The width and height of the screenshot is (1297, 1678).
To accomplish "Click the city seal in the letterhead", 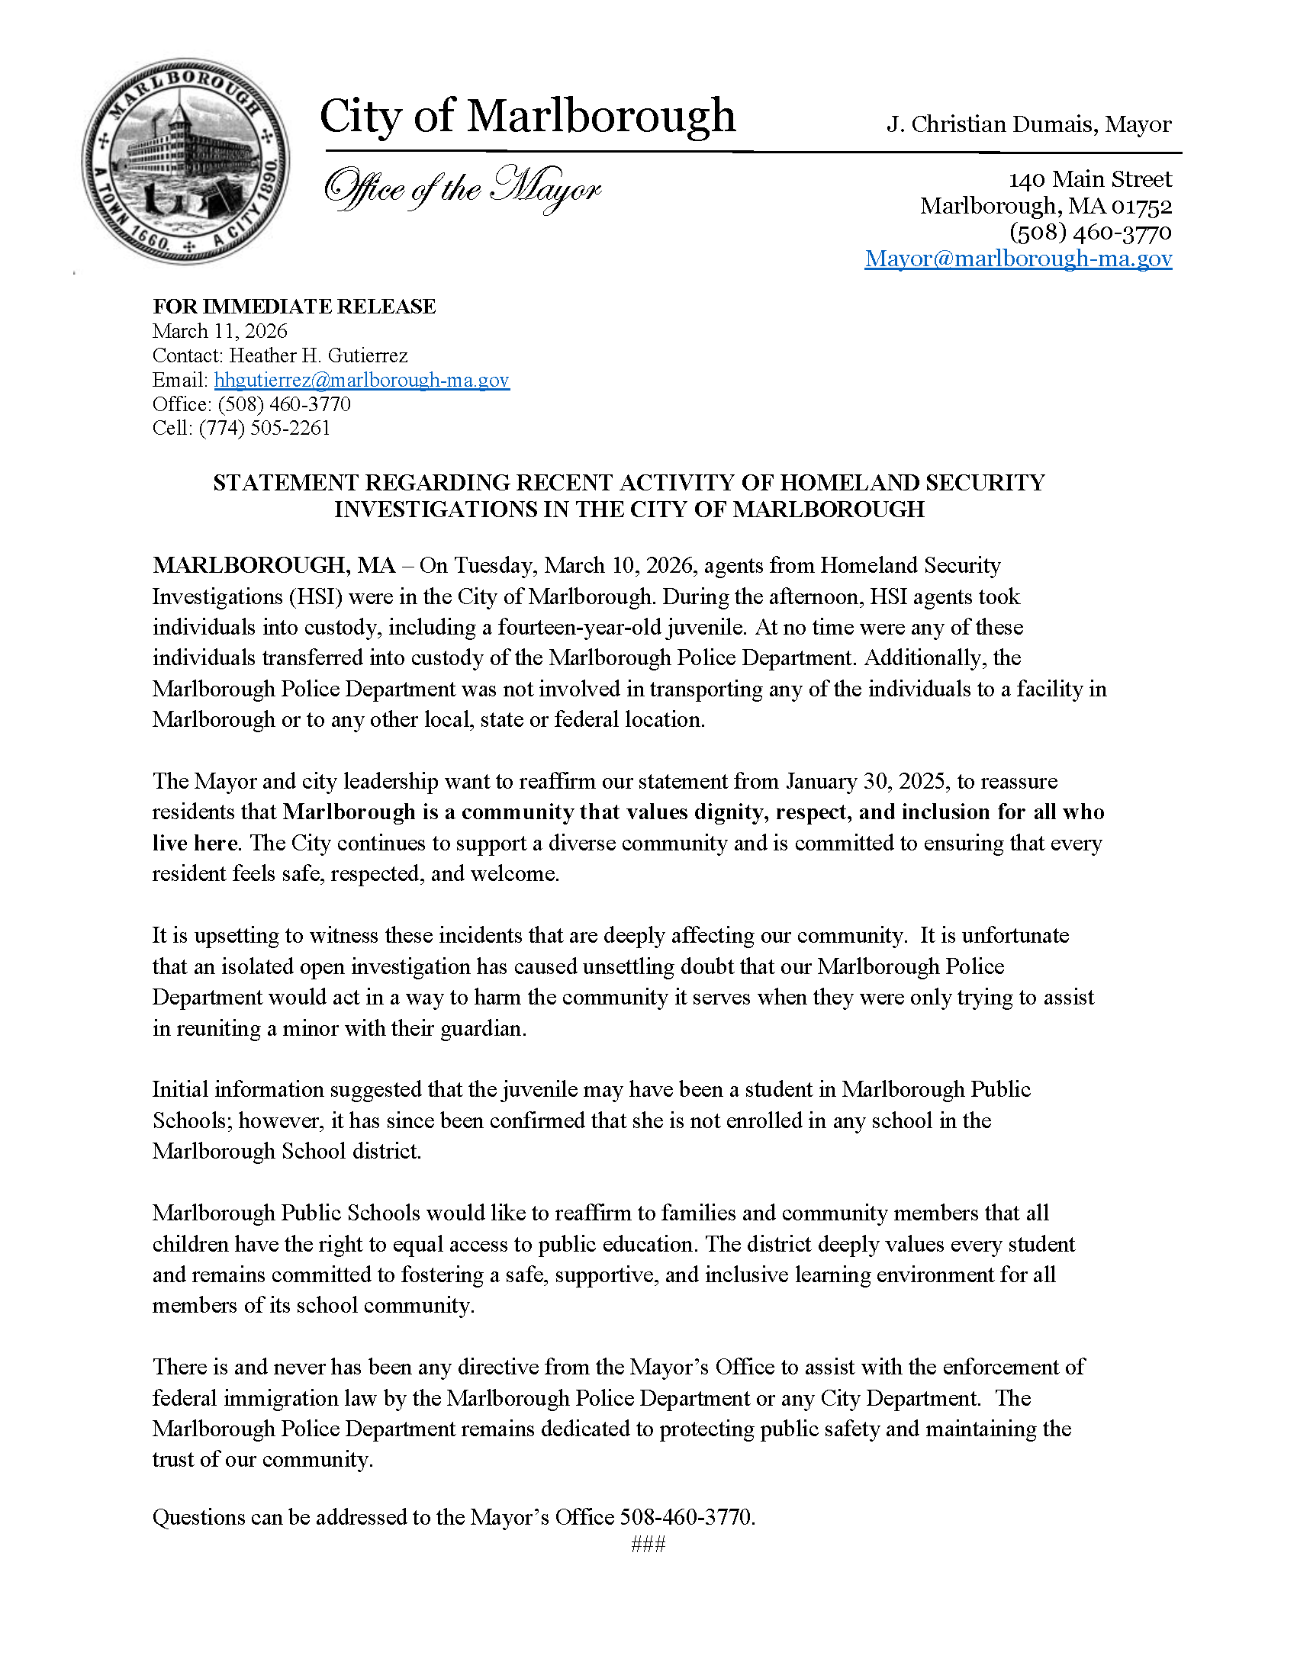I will click(186, 162).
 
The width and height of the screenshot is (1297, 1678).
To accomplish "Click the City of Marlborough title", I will click(527, 116).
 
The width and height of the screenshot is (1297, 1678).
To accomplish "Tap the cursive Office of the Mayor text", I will click(462, 189).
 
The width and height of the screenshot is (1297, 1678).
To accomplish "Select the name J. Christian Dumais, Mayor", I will click(1029, 124).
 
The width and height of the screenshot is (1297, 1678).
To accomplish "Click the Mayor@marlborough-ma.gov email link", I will click(1018, 258).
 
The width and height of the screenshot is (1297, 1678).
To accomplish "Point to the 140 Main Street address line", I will click(1089, 179).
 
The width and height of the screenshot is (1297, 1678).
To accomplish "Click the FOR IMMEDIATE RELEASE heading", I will click(294, 307).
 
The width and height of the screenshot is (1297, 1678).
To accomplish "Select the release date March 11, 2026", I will click(220, 331).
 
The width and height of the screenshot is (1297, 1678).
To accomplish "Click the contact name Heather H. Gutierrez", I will click(318, 355).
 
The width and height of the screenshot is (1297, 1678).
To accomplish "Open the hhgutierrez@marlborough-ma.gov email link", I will click(361, 380).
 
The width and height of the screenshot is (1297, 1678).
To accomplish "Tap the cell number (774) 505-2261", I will click(264, 428).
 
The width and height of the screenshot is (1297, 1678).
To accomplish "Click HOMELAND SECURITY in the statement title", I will click(912, 483).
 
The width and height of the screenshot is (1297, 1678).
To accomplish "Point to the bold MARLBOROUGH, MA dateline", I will click(274, 565).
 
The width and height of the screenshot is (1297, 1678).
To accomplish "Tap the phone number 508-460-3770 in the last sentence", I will click(686, 1517).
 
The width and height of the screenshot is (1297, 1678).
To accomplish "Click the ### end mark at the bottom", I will click(648, 1545).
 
